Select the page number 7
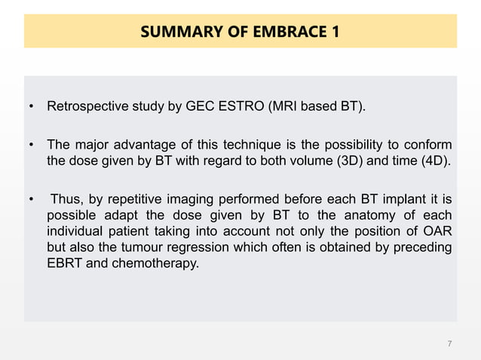449,344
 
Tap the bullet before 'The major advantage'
31,145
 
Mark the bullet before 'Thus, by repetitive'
31,200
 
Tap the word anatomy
375,215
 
